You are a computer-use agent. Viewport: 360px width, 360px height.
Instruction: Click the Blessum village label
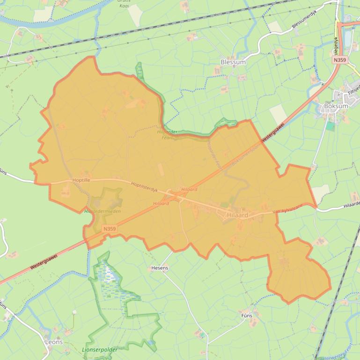pos(233,62)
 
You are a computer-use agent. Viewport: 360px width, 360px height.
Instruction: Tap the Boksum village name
pos(336,106)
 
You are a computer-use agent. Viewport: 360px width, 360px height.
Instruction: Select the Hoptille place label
pos(81,180)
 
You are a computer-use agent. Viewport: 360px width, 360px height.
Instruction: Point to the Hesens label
pos(160,268)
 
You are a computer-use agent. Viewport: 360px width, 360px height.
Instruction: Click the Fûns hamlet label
pos(247,316)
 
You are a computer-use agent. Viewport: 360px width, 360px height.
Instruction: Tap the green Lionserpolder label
pos(100,349)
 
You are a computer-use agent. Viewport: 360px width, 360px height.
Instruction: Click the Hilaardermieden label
pos(102,211)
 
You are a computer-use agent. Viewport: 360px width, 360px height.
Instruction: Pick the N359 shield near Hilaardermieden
pos(109,229)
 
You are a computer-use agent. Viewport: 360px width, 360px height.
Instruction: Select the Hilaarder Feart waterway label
pos(167,135)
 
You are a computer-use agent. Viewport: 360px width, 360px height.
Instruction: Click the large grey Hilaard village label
pos(237,215)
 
